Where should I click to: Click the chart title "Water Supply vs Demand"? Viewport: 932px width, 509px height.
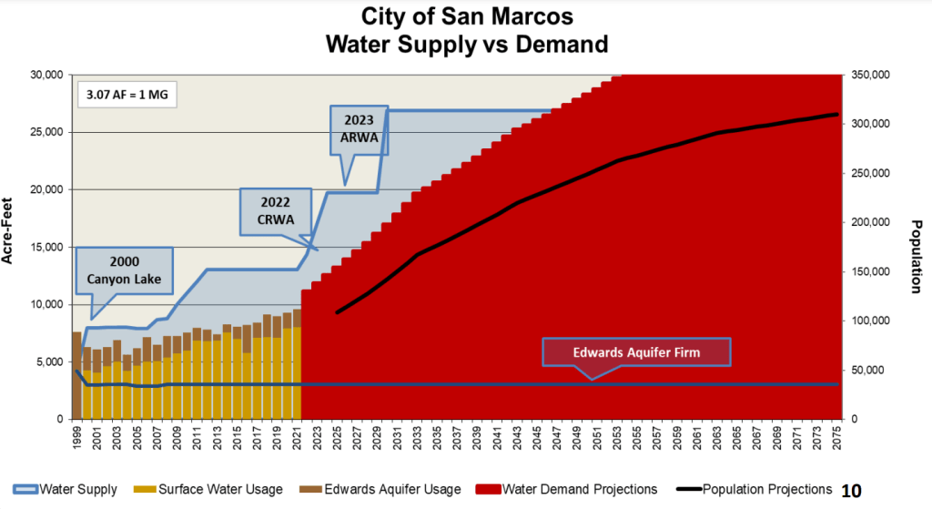(x=467, y=43)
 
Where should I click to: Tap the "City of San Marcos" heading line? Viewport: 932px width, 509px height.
(x=467, y=16)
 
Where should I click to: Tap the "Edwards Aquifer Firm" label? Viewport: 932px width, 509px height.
(x=637, y=352)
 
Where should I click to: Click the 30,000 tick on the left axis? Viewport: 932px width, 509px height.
(x=44, y=75)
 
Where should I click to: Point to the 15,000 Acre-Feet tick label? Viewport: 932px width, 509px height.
(x=44, y=247)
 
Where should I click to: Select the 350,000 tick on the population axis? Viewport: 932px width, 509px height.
(x=872, y=75)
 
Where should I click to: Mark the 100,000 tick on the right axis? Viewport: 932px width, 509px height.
(x=872, y=321)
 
